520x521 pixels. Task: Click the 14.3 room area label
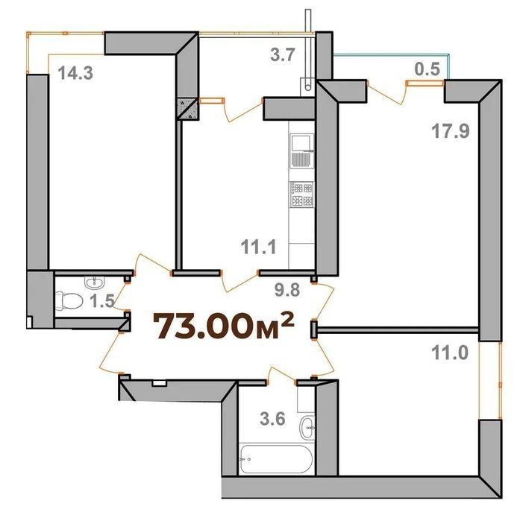point(75,73)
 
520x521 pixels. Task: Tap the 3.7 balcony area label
point(283,55)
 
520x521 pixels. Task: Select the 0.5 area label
point(427,69)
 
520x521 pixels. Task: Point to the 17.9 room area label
point(451,130)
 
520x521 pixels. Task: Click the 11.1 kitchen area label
point(258,247)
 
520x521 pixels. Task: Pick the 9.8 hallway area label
point(288,290)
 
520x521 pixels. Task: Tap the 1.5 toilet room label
point(102,300)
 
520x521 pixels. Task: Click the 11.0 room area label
point(450,353)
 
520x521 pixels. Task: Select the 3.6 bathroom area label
point(272,419)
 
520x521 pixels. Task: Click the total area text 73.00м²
point(223,326)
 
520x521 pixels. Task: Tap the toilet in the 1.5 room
point(69,301)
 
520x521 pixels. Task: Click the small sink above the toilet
point(95,282)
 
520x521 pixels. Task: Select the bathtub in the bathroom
point(276,459)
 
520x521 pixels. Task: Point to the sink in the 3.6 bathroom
point(307,428)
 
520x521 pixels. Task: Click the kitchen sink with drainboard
point(302,151)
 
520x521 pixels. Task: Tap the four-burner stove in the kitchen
point(302,195)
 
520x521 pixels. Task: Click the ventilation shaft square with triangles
point(188,109)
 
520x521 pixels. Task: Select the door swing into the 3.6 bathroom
point(281,375)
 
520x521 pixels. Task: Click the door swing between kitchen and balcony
point(243,110)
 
